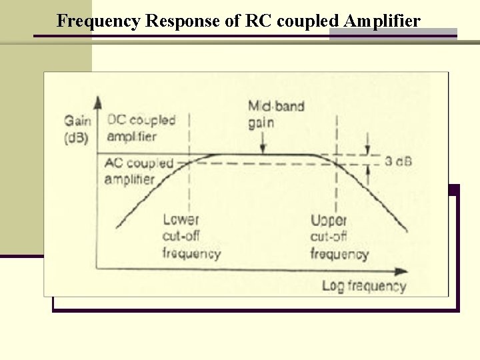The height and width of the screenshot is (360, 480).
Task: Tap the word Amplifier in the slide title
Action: (x=383, y=21)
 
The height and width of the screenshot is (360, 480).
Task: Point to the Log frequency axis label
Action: (x=363, y=287)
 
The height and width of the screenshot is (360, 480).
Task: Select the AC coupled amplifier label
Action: (x=139, y=171)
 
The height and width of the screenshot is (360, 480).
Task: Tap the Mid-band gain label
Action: (x=267, y=114)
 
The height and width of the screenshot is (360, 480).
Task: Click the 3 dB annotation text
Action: (x=398, y=161)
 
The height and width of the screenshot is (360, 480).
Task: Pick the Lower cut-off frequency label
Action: (x=191, y=236)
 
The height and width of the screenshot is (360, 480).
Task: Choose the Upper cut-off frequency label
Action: (x=339, y=236)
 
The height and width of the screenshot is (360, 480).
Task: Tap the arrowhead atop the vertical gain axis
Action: (x=98, y=102)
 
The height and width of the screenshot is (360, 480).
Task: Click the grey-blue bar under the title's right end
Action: (x=393, y=34)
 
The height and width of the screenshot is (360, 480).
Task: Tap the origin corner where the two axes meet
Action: (x=98, y=269)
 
